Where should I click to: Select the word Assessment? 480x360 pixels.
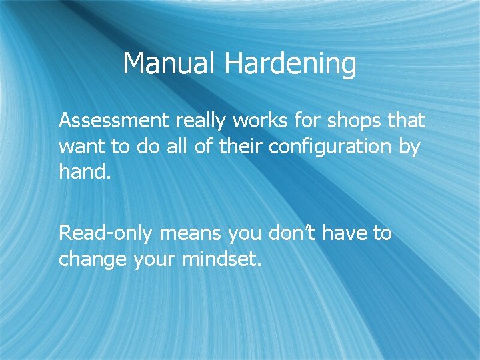pyautogui.click(x=114, y=121)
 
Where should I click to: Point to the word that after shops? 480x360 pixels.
pyautogui.click(x=405, y=121)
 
